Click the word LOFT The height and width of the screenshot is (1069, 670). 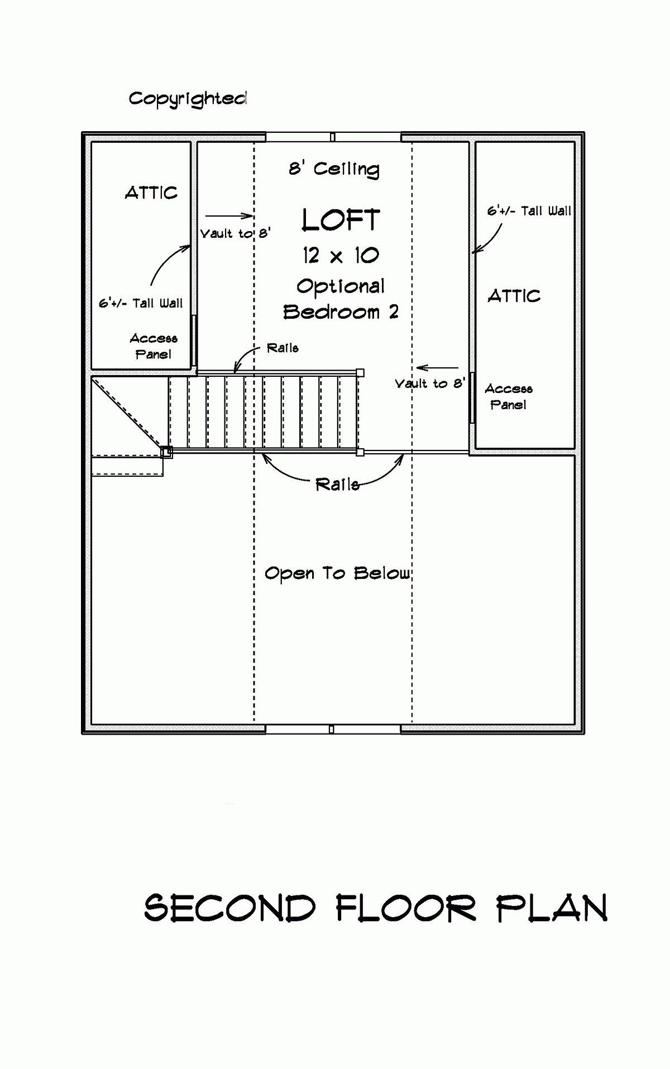point(341,220)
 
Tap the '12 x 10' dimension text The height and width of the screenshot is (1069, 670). point(341,256)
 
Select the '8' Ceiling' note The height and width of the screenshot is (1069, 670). point(334,169)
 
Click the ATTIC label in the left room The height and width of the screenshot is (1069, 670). point(151,193)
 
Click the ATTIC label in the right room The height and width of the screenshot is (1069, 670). point(514,296)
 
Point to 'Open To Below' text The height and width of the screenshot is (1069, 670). point(337,573)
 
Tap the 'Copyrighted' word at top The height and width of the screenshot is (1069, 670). point(188,99)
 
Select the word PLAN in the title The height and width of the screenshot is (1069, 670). point(552,908)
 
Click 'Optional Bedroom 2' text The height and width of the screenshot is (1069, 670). point(341,299)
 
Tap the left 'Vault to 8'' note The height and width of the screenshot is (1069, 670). point(235,233)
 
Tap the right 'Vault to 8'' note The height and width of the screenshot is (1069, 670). point(429,384)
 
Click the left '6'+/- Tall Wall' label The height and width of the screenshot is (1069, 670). point(141,303)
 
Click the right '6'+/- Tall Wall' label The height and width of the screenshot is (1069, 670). point(529,211)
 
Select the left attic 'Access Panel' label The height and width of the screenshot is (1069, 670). point(154,346)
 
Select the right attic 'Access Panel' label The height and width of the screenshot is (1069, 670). point(508,396)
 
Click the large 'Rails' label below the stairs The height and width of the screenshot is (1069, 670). point(337,484)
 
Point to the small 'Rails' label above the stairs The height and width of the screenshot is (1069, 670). point(283,348)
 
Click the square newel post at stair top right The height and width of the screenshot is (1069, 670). point(360,372)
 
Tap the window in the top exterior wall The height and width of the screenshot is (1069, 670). point(333,137)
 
